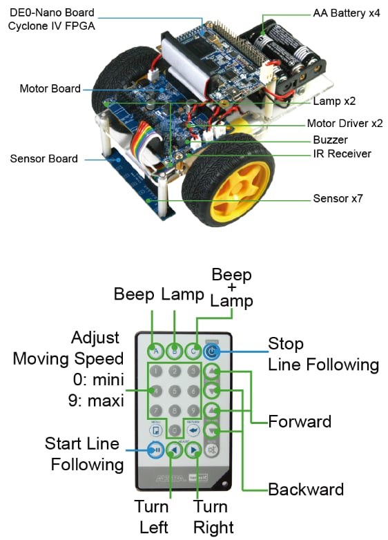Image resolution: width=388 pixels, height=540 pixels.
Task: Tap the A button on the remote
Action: (x=156, y=350)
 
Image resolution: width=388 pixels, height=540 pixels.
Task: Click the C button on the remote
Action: (x=194, y=350)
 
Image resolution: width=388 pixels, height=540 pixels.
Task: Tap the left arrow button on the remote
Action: (x=175, y=451)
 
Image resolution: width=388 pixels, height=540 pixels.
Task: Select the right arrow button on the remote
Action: (x=195, y=451)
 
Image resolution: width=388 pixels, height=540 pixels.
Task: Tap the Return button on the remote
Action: (x=194, y=430)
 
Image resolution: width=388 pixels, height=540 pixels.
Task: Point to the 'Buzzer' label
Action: (x=330, y=139)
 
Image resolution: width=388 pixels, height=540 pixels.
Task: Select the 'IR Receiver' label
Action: (x=342, y=153)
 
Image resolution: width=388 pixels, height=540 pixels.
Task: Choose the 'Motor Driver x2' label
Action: (x=345, y=124)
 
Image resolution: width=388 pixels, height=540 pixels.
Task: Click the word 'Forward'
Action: (x=300, y=421)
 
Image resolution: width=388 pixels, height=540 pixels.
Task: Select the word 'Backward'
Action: (x=306, y=490)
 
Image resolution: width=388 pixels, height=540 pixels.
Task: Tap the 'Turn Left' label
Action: (x=153, y=517)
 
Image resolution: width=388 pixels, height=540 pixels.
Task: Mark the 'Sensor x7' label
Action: (x=338, y=199)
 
